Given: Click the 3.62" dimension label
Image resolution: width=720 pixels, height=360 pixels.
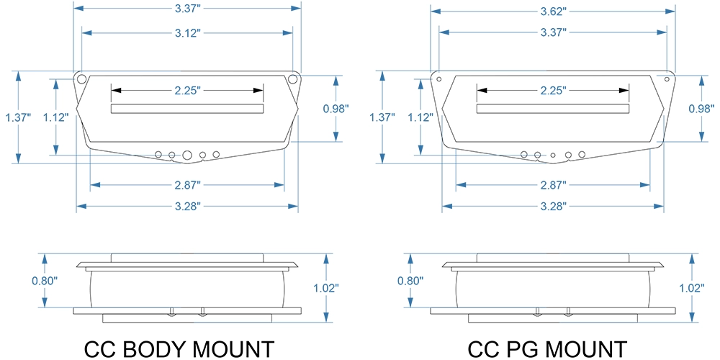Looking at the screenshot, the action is (x=552, y=11).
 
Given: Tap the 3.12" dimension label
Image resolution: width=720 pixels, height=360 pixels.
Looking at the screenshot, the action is (x=187, y=32).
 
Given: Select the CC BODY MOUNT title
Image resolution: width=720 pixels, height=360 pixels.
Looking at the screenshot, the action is (x=179, y=349).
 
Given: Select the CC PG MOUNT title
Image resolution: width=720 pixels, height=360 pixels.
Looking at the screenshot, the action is (x=547, y=349).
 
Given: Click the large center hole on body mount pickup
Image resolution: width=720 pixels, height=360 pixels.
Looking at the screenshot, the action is (x=187, y=156).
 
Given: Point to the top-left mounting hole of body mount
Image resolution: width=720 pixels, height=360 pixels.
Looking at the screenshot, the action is (x=82, y=79).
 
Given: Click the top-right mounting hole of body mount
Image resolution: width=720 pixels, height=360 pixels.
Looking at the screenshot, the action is (x=292, y=79).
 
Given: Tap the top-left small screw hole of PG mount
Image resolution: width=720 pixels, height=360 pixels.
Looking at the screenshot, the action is (x=439, y=79).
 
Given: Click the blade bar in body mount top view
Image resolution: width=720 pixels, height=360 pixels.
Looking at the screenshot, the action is (x=187, y=109).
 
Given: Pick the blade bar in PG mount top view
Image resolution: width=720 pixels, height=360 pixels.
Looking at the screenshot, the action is (x=553, y=109).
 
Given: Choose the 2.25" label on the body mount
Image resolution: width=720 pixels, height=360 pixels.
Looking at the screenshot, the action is (x=187, y=91).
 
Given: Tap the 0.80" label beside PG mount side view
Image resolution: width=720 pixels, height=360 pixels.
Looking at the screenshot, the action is (x=410, y=281).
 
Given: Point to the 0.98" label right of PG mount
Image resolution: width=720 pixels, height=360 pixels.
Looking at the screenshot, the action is (x=701, y=109).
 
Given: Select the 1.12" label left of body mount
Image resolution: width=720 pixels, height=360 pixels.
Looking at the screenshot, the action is (x=56, y=117).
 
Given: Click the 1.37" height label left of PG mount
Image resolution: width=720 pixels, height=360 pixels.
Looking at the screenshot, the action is (x=382, y=117).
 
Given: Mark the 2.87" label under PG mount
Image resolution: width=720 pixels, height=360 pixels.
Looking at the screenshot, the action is (x=552, y=185).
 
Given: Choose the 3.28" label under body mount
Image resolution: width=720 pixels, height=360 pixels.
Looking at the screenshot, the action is (x=187, y=206).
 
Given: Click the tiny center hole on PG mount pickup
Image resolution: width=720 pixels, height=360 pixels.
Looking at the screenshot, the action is (x=553, y=156).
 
